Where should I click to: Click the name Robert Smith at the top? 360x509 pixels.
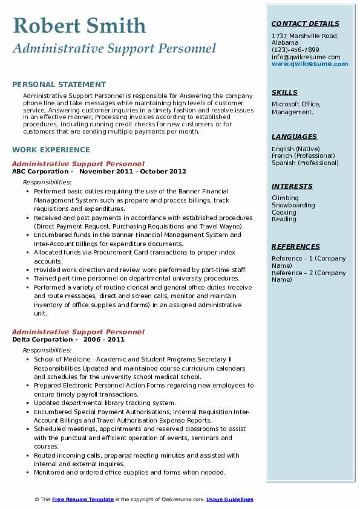(x=79, y=25)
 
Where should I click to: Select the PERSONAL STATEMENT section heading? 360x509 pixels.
(x=59, y=85)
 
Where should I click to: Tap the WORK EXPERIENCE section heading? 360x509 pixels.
(x=51, y=150)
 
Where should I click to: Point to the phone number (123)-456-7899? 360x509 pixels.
(x=295, y=50)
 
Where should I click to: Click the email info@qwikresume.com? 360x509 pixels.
(x=306, y=57)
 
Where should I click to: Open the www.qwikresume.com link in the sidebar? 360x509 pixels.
(x=310, y=63)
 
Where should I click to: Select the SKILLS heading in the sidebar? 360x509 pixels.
(x=284, y=92)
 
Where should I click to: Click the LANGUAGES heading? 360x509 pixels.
(x=294, y=137)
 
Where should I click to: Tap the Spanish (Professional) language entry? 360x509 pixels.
(x=306, y=163)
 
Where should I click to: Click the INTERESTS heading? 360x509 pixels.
(x=292, y=186)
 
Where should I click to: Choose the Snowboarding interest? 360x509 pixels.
(x=293, y=205)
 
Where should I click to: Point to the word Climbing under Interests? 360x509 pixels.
(x=285, y=198)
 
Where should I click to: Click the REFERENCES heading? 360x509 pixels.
(x=296, y=247)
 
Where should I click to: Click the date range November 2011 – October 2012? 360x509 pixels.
(x=133, y=171)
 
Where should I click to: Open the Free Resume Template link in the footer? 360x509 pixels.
(x=83, y=499)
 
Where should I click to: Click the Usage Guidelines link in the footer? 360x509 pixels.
(x=230, y=499)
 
